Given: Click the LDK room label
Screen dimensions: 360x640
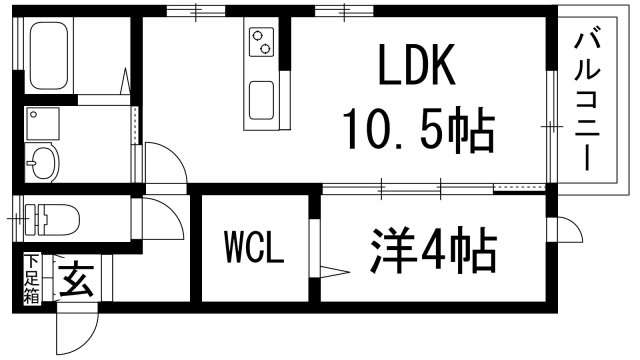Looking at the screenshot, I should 417,69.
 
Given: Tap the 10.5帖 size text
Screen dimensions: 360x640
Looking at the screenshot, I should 419,130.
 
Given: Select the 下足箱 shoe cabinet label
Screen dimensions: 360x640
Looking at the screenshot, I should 32,280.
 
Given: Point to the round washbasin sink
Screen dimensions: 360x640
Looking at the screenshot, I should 43,161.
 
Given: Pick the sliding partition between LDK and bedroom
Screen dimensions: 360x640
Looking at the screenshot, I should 410,187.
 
